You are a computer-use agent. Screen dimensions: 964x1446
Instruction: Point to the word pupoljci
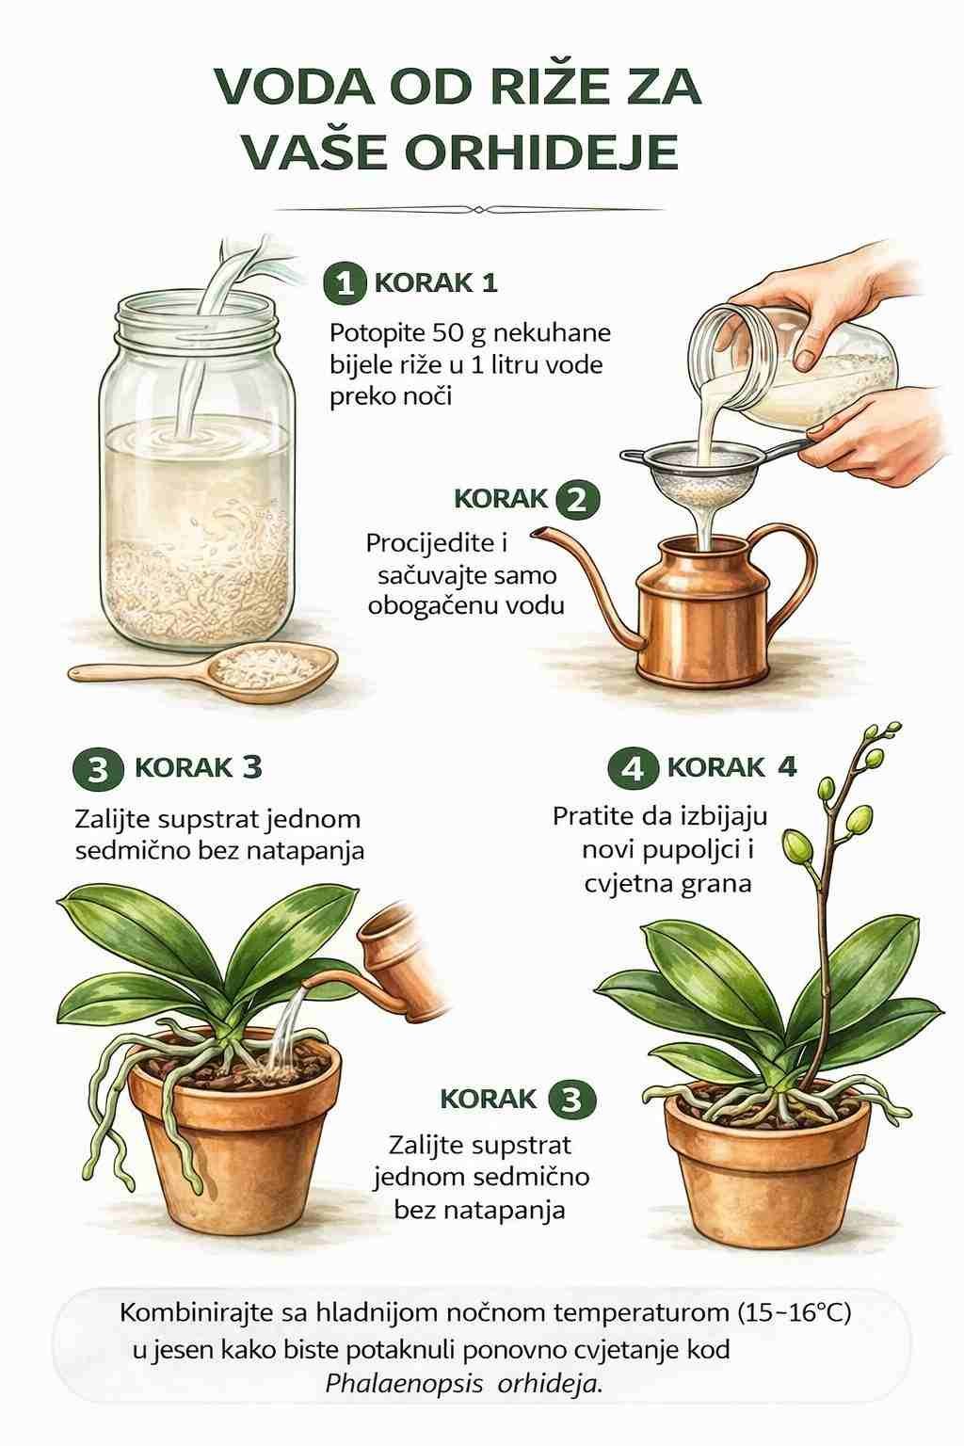[689, 851]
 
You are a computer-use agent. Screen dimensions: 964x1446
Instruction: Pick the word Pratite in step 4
[593, 816]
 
